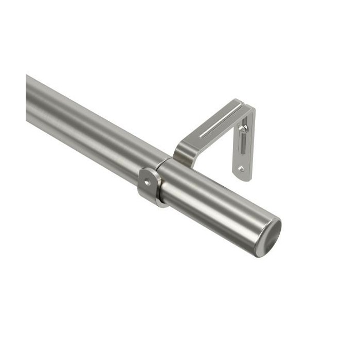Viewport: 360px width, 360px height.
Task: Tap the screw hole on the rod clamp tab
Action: click(x=148, y=182)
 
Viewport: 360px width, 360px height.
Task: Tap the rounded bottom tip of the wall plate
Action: click(x=242, y=177)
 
